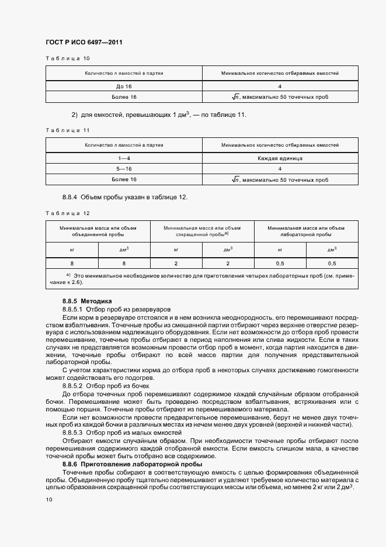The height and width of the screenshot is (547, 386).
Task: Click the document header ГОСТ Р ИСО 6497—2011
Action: click(84, 42)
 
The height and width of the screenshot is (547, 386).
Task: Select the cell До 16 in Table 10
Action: click(124, 86)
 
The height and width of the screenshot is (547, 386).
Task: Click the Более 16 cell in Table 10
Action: click(124, 97)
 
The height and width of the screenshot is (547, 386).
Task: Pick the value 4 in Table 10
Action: click(280, 86)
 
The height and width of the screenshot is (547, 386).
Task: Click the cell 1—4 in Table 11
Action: click(124, 158)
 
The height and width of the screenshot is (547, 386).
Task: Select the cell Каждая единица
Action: click(280, 158)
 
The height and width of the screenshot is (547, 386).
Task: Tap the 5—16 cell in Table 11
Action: click(124, 169)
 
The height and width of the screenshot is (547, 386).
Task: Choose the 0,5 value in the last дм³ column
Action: click(331, 264)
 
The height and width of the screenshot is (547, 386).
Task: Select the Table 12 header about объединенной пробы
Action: click(98, 231)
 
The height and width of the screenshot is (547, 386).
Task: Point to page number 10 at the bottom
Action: click(48, 500)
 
